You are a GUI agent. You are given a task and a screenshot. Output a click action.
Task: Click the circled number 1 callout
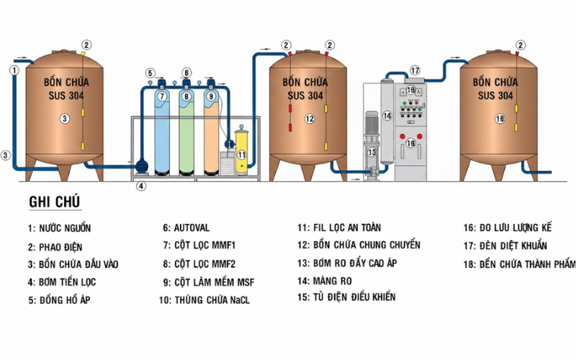[14, 70]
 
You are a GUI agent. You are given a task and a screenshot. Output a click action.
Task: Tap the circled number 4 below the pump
[141, 186]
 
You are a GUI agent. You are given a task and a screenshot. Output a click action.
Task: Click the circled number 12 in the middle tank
[310, 119]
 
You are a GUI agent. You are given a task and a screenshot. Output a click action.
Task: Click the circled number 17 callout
[415, 71]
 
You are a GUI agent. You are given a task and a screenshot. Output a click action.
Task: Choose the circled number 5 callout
[150, 73]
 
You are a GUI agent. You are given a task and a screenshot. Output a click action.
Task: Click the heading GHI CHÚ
[55, 202]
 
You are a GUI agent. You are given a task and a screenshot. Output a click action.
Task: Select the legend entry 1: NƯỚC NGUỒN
[60, 228]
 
